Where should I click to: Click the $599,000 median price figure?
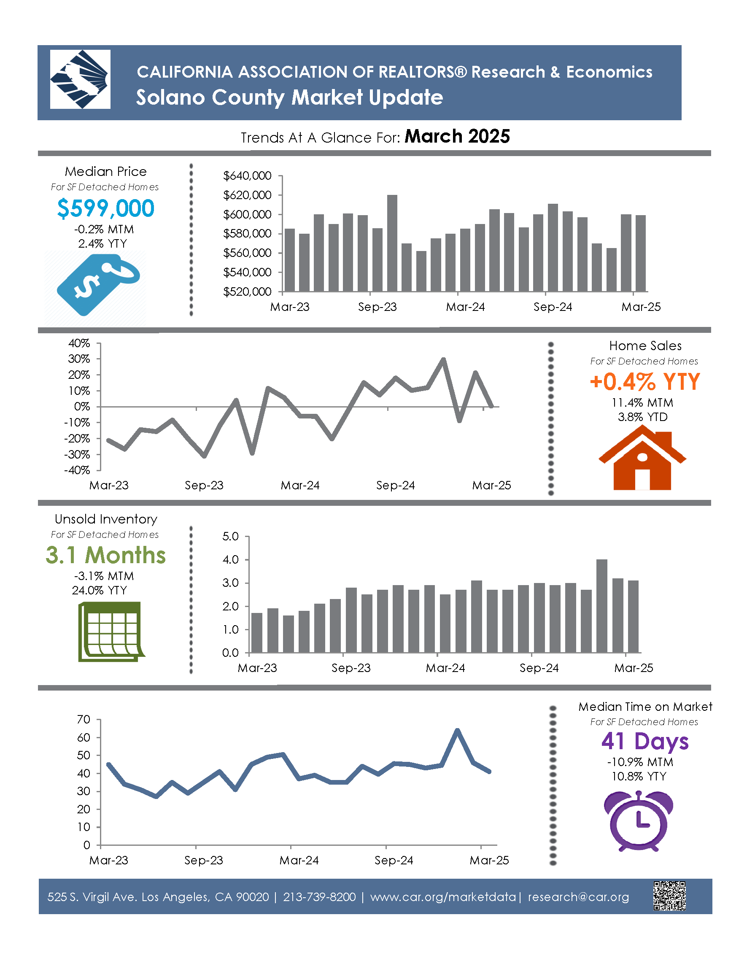pyautogui.click(x=105, y=208)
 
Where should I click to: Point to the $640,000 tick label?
pyautogui.click(x=247, y=176)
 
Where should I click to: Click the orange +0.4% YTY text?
pyautogui.click(x=644, y=382)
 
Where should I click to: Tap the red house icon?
pyautogui.click(x=642, y=458)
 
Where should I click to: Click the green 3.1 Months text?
pyautogui.click(x=105, y=555)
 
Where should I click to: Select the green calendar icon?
pyautogui.click(x=110, y=631)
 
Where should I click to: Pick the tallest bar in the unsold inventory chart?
pyautogui.click(x=601, y=606)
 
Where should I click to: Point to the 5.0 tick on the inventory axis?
pyautogui.click(x=230, y=536)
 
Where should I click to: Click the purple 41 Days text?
pyautogui.click(x=644, y=741)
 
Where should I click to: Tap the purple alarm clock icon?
pyautogui.click(x=639, y=821)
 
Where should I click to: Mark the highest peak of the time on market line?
pyautogui.click(x=457, y=731)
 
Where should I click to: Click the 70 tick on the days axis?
pyautogui.click(x=84, y=720)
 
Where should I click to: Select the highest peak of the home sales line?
pyautogui.click(x=443, y=359)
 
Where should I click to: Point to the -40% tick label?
pyautogui.click(x=77, y=470)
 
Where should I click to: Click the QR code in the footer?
pyautogui.click(x=669, y=896)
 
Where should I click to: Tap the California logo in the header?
pyautogui.click(x=80, y=79)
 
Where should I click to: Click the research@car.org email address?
pyautogui.click(x=578, y=897)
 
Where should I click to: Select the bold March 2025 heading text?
pyautogui.click(x=457, y=136)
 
